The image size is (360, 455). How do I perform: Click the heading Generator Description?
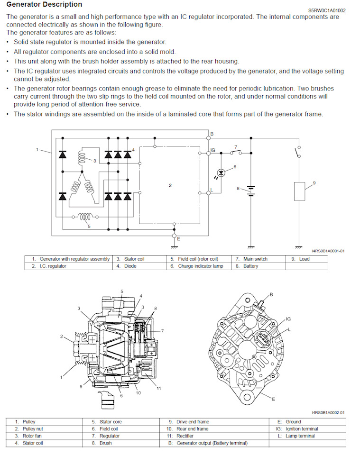(x=44, y=5)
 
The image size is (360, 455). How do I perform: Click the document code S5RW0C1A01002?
(x=327, y=9)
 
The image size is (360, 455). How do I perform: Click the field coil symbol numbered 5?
(x=85, y=217)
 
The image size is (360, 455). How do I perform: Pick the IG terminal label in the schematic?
(x=213, y=150)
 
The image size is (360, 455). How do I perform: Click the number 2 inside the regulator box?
(x=170, y=185)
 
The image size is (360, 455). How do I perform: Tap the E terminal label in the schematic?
(x=179, y=239)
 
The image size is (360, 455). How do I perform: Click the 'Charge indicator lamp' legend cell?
(x=200, y=266)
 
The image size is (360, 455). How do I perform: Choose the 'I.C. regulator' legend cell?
(x=49, y=266)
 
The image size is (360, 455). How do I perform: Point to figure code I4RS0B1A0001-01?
(x=328, y=251)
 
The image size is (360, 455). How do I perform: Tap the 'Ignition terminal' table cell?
(x=302, y=429)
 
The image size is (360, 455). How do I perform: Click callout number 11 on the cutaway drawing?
(x=159, y=389)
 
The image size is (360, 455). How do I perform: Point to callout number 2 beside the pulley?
(x=61, y=337)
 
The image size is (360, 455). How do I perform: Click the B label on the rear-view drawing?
(x=271, y=294)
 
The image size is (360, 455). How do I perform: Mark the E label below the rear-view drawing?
(x=273, y=399)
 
